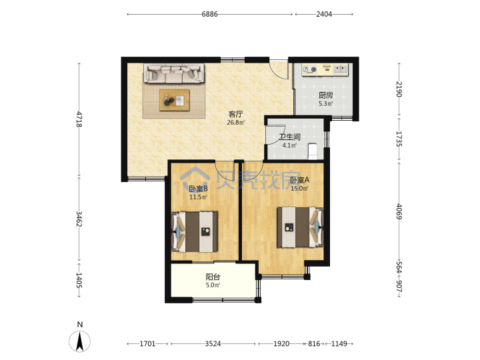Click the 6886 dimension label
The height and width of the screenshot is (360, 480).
[210, 14]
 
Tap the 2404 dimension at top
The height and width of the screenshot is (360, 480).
[324, 14]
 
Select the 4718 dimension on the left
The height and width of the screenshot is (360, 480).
[79, 119]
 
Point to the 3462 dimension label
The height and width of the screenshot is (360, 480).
[79, 219]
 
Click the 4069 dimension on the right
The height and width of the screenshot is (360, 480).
[399, 211]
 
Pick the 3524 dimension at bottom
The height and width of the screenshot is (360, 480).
[213, 344]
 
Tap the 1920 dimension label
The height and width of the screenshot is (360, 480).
[281, 344]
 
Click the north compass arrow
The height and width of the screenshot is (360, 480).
[79, 341]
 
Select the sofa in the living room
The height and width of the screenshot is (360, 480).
[175, 73]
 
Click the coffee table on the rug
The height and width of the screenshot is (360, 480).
[175, 100]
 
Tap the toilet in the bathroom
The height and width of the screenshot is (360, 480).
[312, 151]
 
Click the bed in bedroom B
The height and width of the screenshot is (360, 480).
[195, 232]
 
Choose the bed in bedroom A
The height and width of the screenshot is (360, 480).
[300, 227]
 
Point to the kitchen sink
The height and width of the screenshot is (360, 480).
[341, 69]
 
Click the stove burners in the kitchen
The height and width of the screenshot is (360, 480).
[309, 70]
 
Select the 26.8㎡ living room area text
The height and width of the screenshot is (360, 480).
[236, 123]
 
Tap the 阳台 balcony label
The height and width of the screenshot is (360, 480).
[213, 277]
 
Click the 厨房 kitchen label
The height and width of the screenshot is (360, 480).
[326, 95]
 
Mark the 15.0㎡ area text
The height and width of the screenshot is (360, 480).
[299, 189]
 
